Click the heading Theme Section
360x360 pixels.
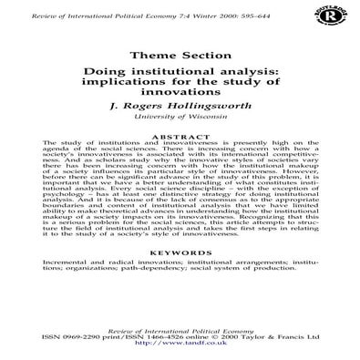tap(180, 54)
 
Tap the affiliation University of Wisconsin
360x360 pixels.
tap(180, 119)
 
